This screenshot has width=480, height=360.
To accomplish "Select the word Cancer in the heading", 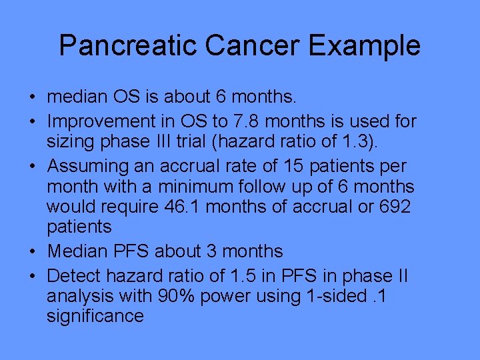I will click(x=246, y=46).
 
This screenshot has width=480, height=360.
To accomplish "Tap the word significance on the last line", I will click(x=95, y=315).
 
